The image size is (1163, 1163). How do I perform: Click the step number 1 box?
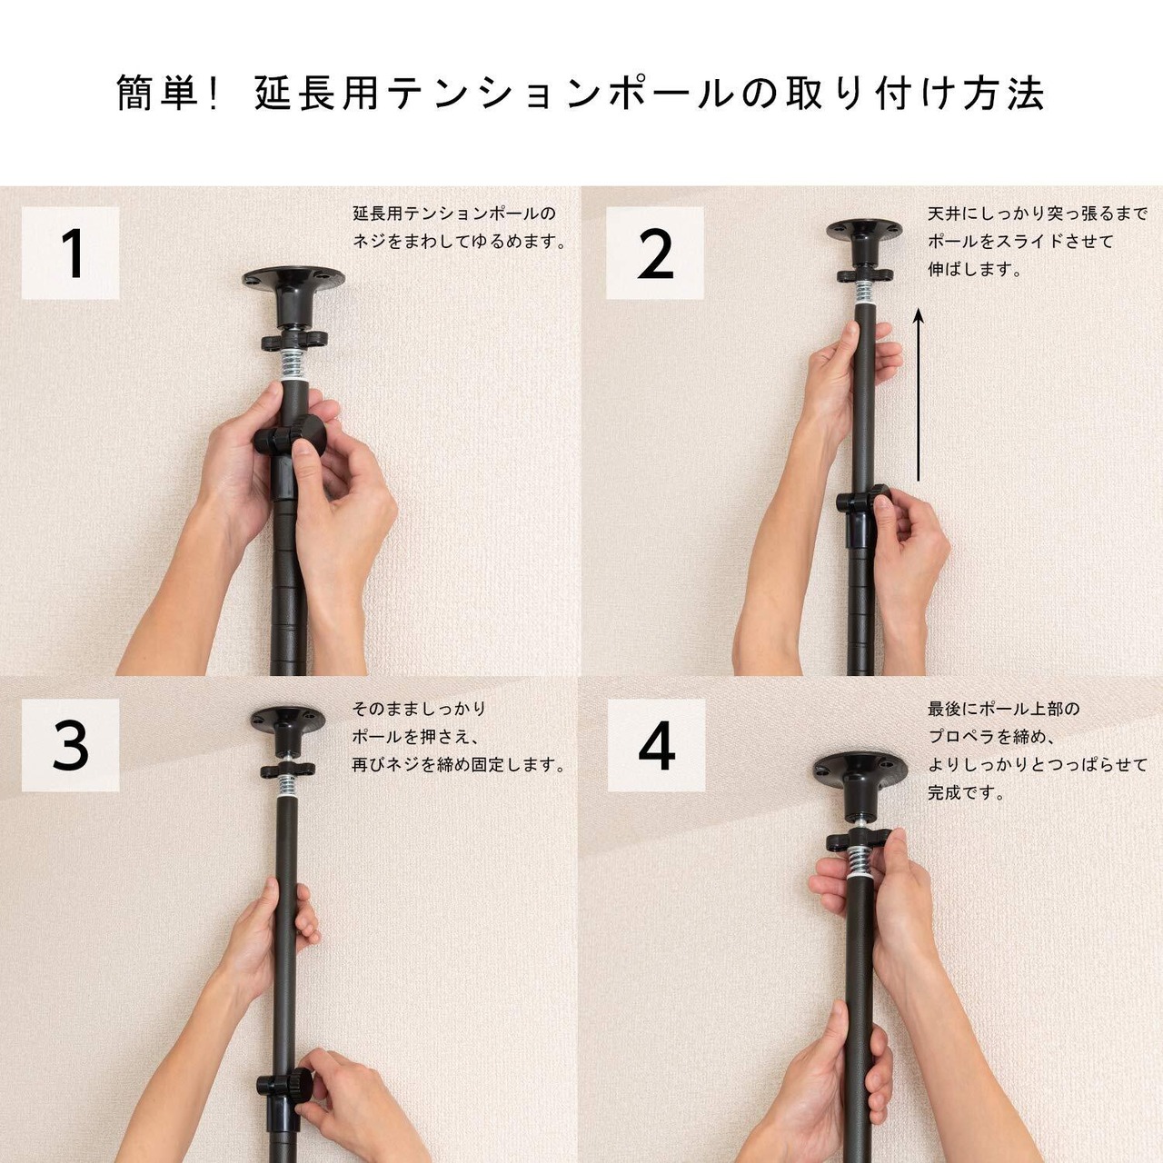(70, 253)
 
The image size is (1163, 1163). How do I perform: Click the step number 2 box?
(655, 253)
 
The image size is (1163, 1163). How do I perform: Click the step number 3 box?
(70, 745)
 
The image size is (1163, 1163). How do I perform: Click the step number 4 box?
(656, 745)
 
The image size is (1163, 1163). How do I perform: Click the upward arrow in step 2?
(918, 394)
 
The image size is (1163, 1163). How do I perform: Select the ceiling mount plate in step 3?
(288, 731)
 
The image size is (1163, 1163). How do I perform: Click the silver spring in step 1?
(296, 364)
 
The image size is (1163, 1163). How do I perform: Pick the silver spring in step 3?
(288, 787)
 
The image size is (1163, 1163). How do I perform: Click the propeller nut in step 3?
(288, 770)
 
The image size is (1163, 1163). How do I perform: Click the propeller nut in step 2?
(865, 276)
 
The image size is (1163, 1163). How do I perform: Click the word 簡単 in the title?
(161, 94)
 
